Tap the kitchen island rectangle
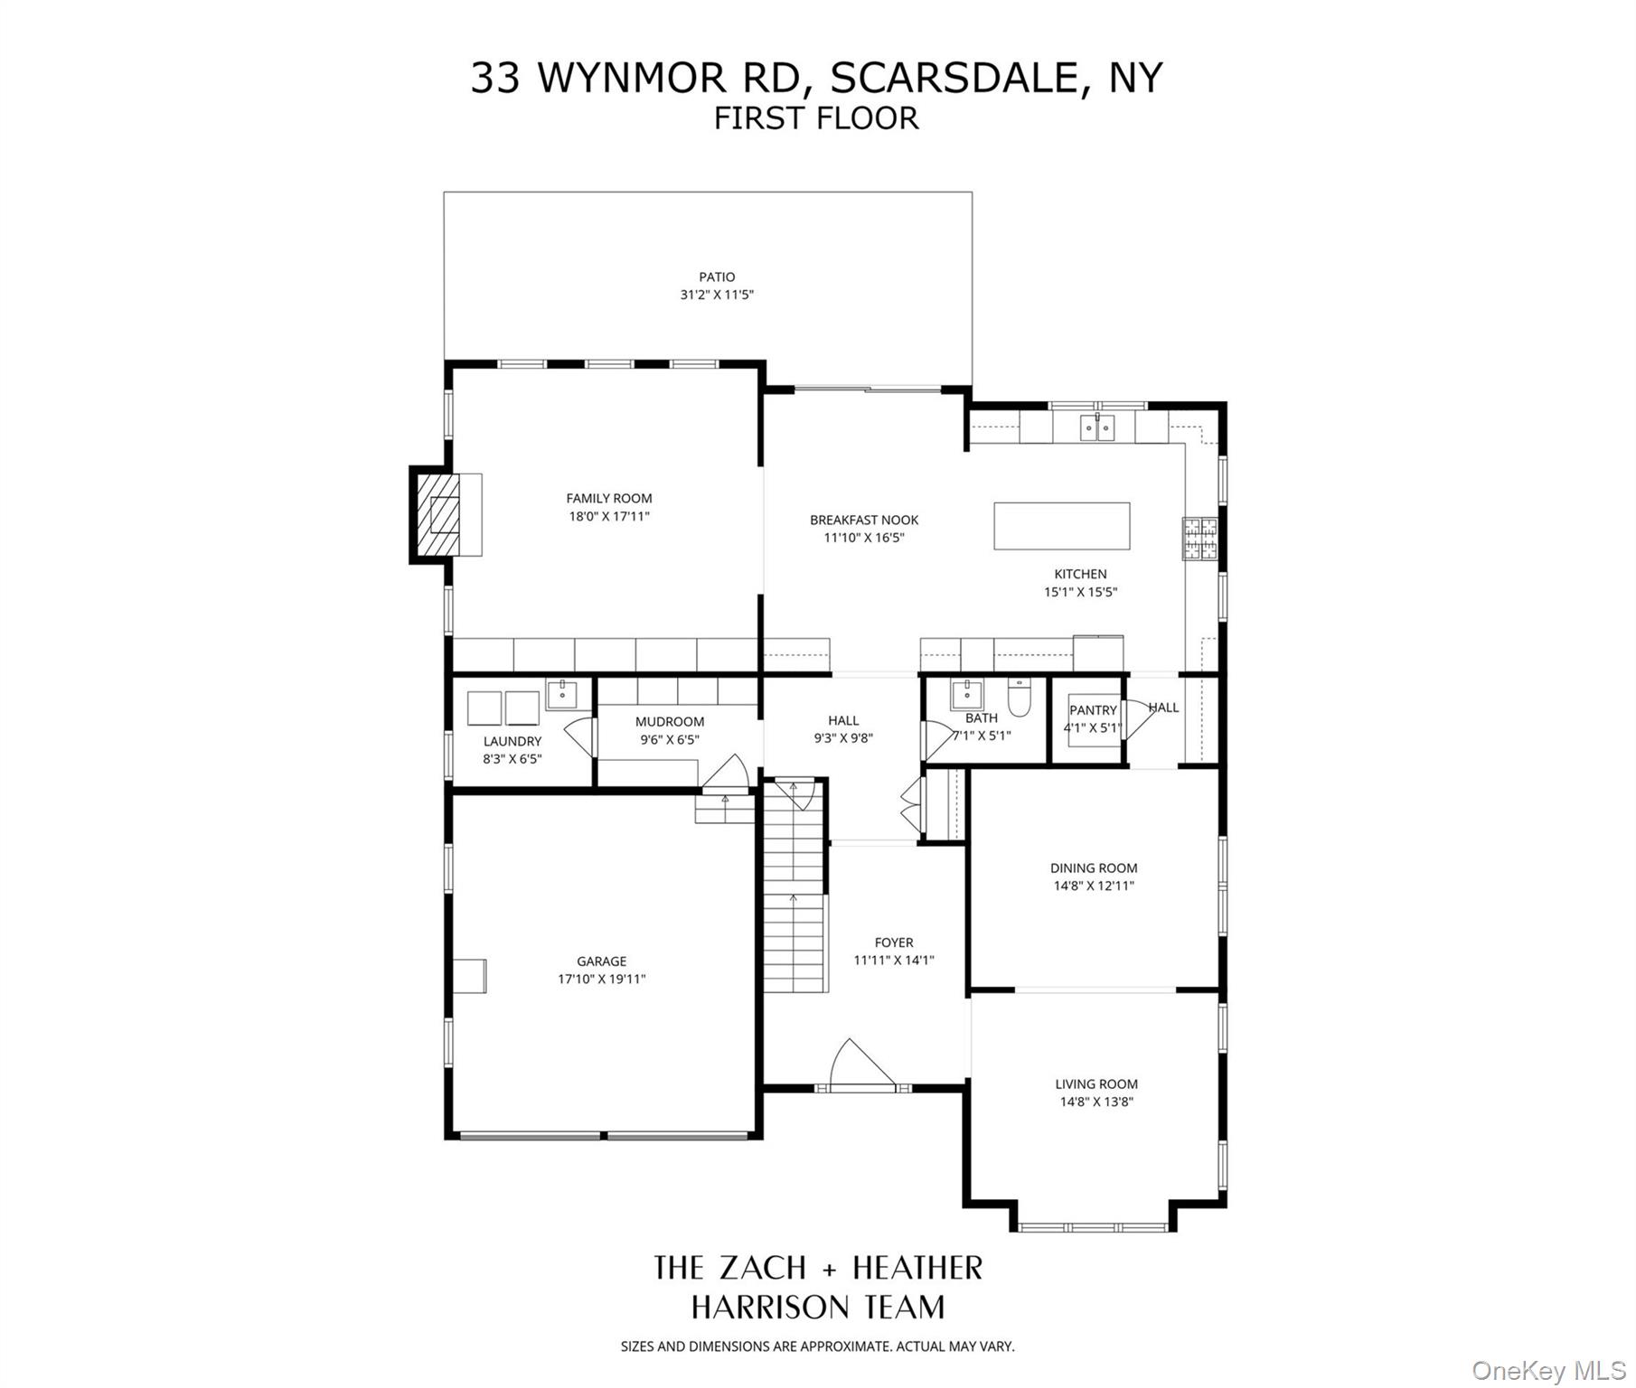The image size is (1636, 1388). point(1061,526)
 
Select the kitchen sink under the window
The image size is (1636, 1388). point(1097,427)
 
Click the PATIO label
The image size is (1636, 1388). point(717,277)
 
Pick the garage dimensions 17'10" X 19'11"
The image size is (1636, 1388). point(601,980)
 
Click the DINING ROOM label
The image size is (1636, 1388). point(1093,867)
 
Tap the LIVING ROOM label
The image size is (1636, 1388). point(1096,1083)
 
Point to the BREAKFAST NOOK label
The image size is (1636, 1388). point(863,520)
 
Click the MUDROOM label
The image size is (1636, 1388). point(669,721)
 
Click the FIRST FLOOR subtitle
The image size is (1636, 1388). point(816,118)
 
